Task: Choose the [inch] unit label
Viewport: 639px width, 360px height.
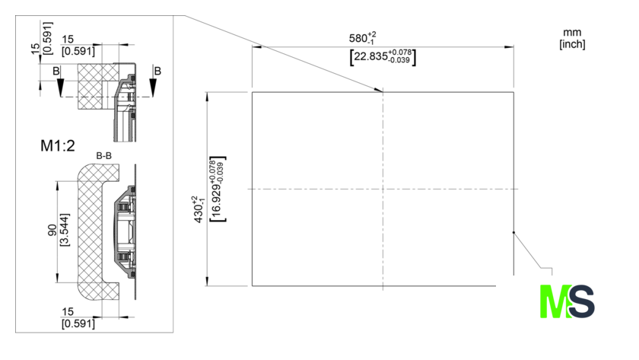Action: [x=572, y=43]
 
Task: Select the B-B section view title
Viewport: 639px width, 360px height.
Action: [x=105, y=156]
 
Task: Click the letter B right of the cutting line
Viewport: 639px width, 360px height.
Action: [x=157, y=71]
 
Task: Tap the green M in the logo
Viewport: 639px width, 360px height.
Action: [x=553, y=301]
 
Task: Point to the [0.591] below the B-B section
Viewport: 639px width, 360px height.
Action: [x=78, y=323]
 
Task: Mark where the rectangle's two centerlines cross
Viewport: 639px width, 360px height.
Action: [x=383, y=189]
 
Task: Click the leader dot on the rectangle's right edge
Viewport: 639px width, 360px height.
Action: [x=513, y=232]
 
